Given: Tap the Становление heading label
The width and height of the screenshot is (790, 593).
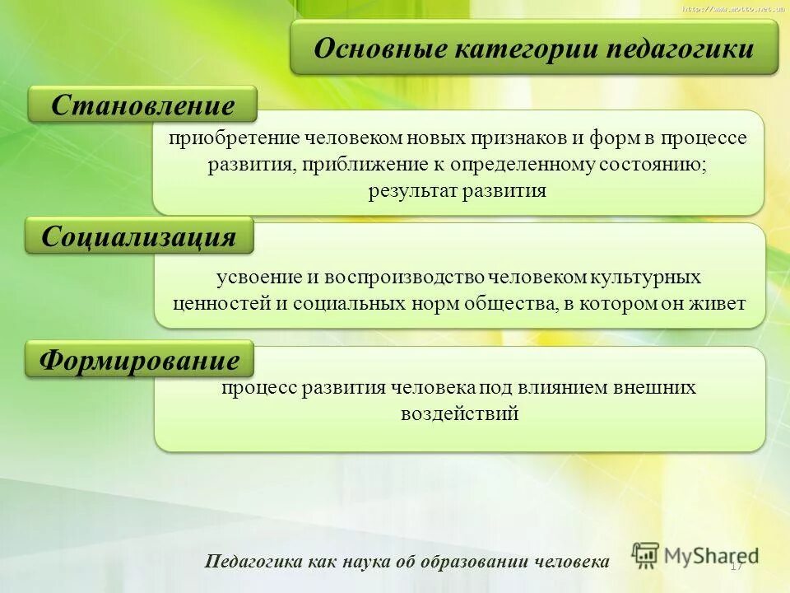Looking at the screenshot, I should (142, 105).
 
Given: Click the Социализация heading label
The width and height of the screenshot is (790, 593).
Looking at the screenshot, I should (138, 237).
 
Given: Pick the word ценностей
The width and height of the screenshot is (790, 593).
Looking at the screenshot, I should (220, 303).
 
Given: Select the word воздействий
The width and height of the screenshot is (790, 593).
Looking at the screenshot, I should (459, 413).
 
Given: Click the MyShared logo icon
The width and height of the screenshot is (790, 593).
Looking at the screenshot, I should (646, 554).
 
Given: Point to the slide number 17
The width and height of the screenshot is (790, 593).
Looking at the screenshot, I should (736, 566).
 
